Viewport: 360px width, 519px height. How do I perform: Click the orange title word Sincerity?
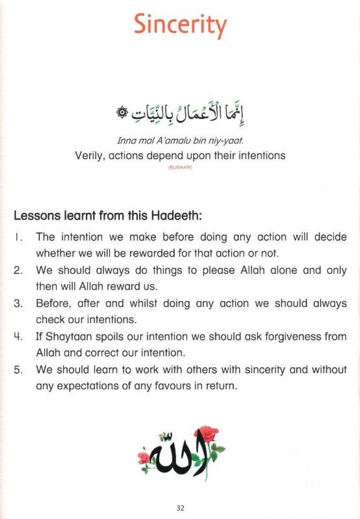tap(181, 25)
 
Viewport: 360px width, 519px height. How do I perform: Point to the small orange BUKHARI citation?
tap(180, 167)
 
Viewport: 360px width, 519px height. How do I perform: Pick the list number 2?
tap(18, 270)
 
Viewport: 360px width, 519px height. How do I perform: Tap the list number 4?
tap(18, 337)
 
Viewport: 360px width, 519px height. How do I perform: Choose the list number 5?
tap(18, 371)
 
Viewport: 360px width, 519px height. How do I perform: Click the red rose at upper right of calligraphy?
tap(208, 434)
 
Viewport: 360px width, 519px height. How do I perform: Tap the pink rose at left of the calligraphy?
tap(145, 457)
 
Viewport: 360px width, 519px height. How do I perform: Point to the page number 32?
tap(180, 508)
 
